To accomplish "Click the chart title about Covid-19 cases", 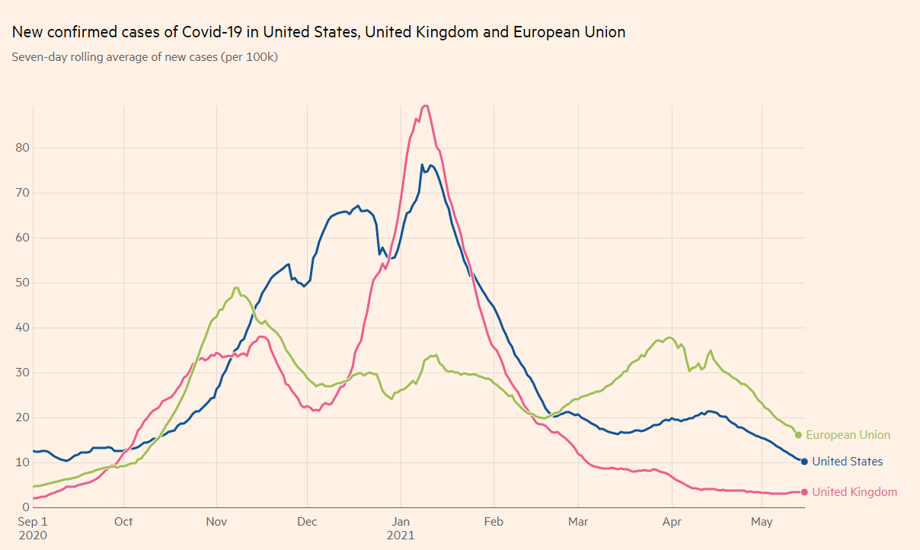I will (318, 32).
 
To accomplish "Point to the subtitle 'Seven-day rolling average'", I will (145, 57).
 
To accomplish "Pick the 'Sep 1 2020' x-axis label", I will (32, 528).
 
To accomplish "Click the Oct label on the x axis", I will (123, 522).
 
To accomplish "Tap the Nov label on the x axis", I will (216, 522).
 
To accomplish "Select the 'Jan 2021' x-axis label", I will (401, 528).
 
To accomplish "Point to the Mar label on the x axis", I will (578, 522).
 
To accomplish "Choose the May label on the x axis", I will (762, 522).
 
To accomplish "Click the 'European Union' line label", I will (848, 435).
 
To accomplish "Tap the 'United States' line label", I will (847, 462).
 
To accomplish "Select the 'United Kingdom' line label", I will (854, 492).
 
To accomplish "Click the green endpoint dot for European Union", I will (798, 435).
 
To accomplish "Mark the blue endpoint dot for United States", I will (804, 462).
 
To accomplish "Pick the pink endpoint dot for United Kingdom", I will (804, 492).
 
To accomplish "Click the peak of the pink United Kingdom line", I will (426, 106).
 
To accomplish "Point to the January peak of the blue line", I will (423, 165).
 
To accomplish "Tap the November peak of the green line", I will (236, 288).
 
